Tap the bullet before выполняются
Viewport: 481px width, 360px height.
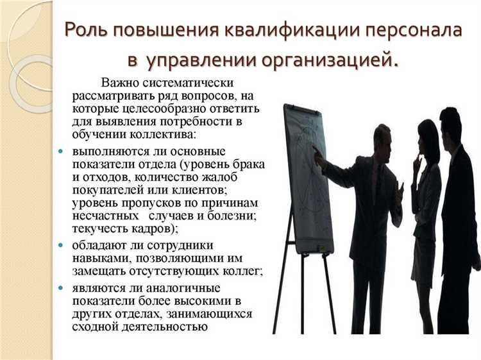click(61, 151)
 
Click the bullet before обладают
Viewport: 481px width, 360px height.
click(61, 245)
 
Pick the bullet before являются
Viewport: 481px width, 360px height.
click(61, 287)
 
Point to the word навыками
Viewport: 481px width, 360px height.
click(99, 258)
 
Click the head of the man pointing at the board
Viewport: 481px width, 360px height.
click(383, 137)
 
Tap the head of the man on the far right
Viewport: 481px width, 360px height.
click(451, 123)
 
